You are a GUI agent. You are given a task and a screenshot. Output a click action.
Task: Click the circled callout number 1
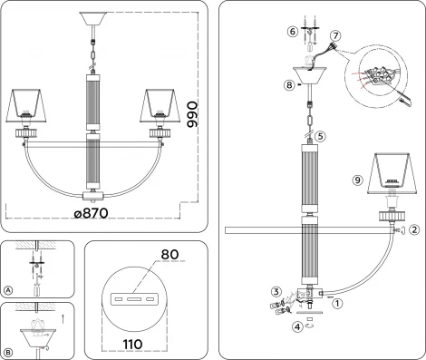[337, 304]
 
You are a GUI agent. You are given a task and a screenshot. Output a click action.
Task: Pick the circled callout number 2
[413, 230]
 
